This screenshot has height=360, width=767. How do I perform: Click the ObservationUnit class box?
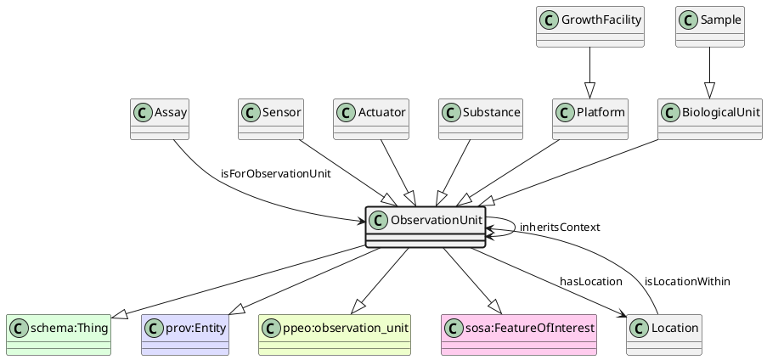(x=425, y=227)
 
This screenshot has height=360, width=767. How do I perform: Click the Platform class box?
(x=589, y=119)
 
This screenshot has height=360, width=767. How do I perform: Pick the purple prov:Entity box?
(x=187, y=335)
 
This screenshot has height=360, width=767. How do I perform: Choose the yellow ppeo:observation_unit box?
(x=334, y=335)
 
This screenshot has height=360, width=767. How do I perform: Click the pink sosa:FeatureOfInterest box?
(x=520, y=335)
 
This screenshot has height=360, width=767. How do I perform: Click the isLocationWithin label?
(x=687, y=282)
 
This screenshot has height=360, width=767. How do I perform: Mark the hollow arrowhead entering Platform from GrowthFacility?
(x=589, y=91)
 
